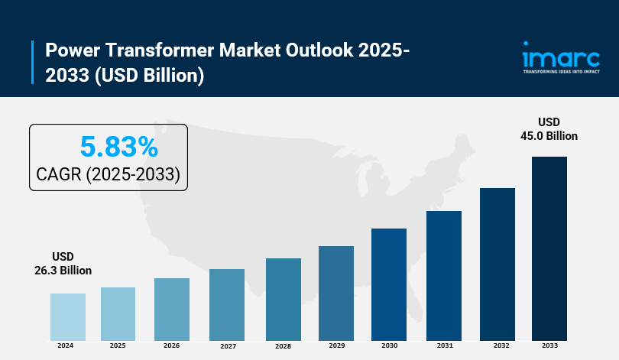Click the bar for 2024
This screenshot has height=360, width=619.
point(67,316)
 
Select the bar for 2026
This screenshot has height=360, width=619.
point(171,309)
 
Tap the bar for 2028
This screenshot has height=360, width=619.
point(283,299)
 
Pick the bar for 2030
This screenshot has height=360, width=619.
point(389,284)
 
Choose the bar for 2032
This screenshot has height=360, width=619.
point(497,264)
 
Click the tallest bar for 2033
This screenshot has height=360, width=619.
point(549,248)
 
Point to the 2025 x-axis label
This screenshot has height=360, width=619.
point(118,346)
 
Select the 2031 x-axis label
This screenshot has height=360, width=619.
point(443,346)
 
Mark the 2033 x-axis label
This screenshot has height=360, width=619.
point(549,346)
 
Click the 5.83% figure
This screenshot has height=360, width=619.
point(118,146)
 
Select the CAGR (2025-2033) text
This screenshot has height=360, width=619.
point(108,175)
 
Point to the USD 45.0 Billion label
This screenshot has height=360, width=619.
point(549,128)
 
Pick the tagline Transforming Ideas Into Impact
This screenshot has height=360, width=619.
point(560,72)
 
